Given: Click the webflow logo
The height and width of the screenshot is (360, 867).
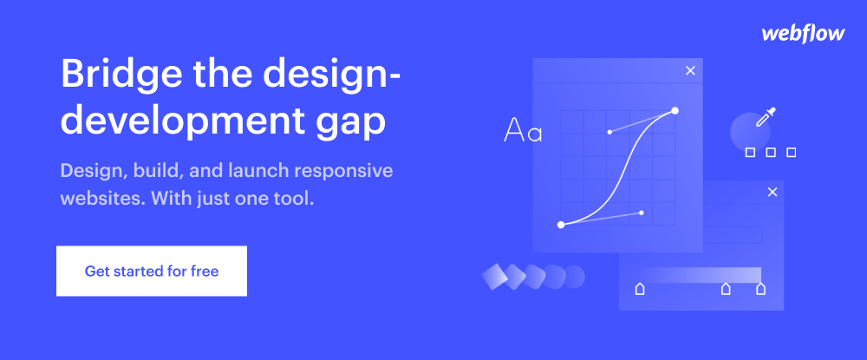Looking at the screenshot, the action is [x=803, y=34].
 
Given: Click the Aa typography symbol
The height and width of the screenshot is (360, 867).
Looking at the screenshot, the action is [x=523, y=131].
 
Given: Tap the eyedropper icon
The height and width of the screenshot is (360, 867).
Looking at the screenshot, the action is [x=766, y=117].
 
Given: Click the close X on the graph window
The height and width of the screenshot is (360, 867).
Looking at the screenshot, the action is [x=690, y=71].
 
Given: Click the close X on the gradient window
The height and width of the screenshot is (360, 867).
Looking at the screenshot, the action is [x=772, y=192].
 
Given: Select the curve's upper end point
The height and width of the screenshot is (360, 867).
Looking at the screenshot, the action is [x=675, y=110].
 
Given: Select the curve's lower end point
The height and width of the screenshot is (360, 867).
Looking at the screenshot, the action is [x=561, y=225].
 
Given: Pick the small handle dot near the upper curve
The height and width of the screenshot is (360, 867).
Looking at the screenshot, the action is [x=610, y=132].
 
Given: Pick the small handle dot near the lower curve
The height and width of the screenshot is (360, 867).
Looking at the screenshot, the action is [x=642, y=213].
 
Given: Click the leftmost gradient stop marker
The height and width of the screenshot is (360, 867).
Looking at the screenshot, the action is [x=640, y=289].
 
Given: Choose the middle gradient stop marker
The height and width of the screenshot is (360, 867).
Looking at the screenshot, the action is [x=726, y=289].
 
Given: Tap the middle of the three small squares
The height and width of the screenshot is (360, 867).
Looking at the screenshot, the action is [x=771, y=152].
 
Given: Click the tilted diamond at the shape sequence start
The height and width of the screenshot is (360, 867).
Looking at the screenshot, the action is [x=495, y=277].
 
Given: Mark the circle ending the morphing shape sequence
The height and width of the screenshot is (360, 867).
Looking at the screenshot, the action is [x=573, y=277].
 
